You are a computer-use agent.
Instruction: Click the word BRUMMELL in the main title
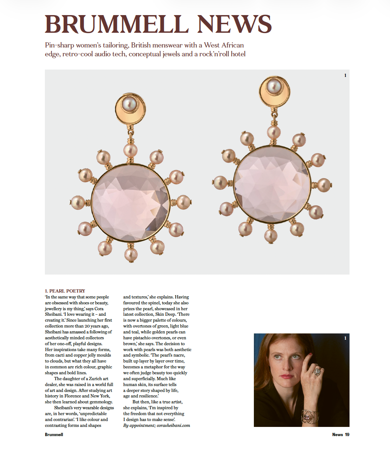click(117, 24)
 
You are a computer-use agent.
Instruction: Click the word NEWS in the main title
click(234, 24)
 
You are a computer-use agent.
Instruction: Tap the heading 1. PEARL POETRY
click(65, 291)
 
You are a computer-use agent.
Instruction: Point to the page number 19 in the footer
click(347, 435)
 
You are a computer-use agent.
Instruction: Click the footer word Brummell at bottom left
click(54, 435)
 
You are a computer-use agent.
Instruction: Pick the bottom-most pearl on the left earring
click(131, 254)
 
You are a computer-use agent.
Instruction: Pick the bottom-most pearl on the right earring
click(271, 236)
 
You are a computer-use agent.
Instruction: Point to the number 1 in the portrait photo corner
click(345, 338)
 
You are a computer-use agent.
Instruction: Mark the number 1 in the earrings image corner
click(345, 75)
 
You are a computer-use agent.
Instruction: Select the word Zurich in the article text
click(99, 379)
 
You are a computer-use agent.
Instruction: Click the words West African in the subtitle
click(224, 45)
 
